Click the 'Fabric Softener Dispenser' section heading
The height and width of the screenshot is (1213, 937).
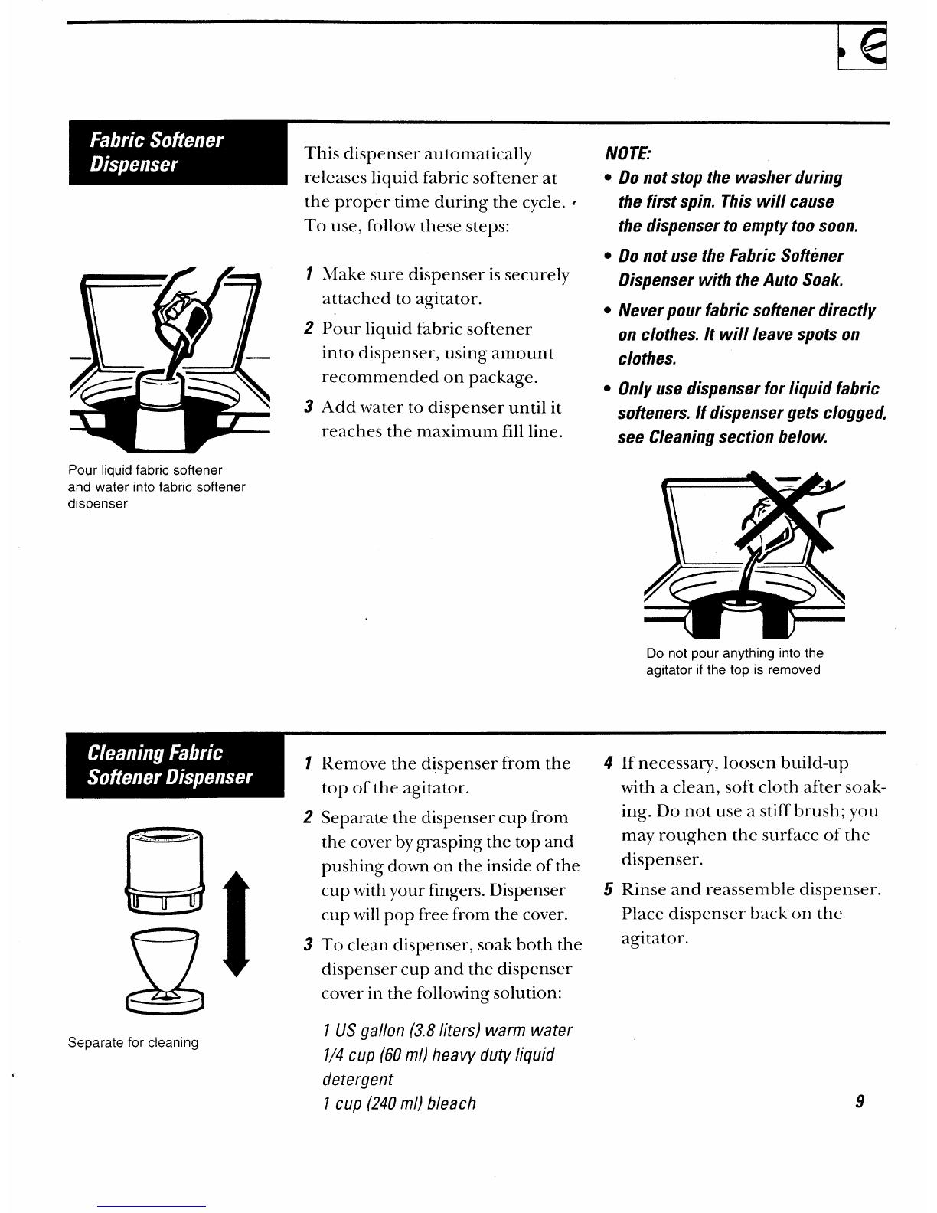tap(156, 152)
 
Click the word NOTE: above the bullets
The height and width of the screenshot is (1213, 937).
tap(628, 153)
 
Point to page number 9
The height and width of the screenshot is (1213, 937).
tap(860, 1102)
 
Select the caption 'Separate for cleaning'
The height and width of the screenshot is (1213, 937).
tap(133, 1042)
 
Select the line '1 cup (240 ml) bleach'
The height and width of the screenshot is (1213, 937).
tap(399, 1103)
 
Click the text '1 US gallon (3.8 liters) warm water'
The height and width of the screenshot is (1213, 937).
tap(447, 1030)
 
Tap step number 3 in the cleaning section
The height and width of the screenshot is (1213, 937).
tap(308, 944)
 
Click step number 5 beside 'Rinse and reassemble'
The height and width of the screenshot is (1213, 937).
tap(608, 890)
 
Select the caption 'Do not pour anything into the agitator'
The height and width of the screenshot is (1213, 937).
tap(734, 662)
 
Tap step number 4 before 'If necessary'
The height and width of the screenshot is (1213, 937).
tap(608, 763)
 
